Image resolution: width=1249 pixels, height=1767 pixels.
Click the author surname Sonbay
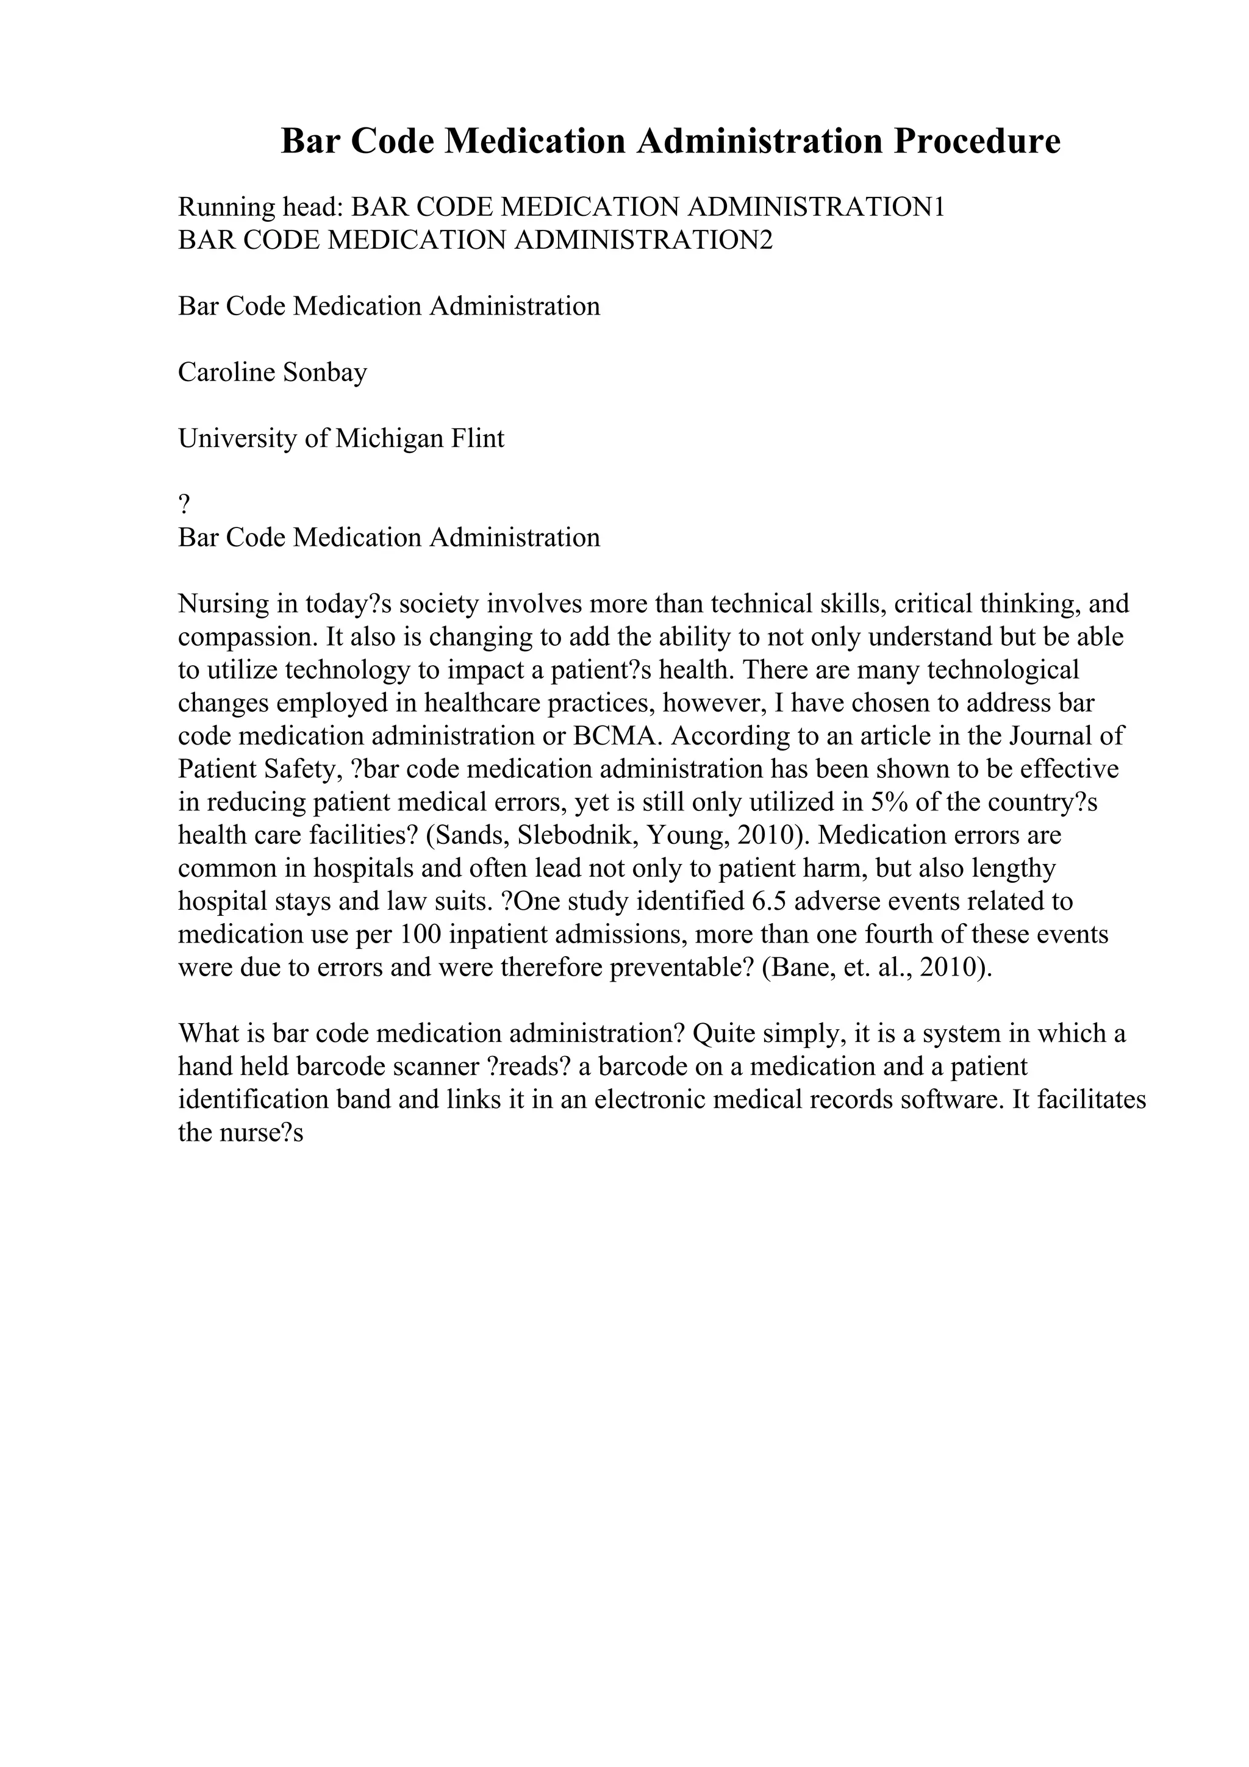326,373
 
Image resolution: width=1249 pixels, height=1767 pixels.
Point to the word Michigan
390,438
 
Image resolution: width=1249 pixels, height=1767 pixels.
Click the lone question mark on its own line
184,505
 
